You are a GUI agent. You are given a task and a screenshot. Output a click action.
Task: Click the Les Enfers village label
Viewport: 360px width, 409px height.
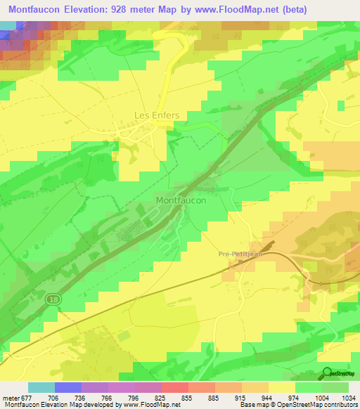tap(157, 115)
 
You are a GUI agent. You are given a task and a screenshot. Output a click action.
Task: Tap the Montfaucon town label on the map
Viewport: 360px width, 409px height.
tap(181, 200)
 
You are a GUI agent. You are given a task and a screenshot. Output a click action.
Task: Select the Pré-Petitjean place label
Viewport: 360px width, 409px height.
tap(240, 254)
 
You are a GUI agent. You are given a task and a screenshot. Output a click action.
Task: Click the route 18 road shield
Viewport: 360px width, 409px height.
tap(53, 299)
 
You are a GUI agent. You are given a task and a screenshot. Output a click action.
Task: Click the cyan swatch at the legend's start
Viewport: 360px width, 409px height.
tap(41, 387)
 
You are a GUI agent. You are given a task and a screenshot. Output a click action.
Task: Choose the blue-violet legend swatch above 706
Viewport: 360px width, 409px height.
tap(68, 387)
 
